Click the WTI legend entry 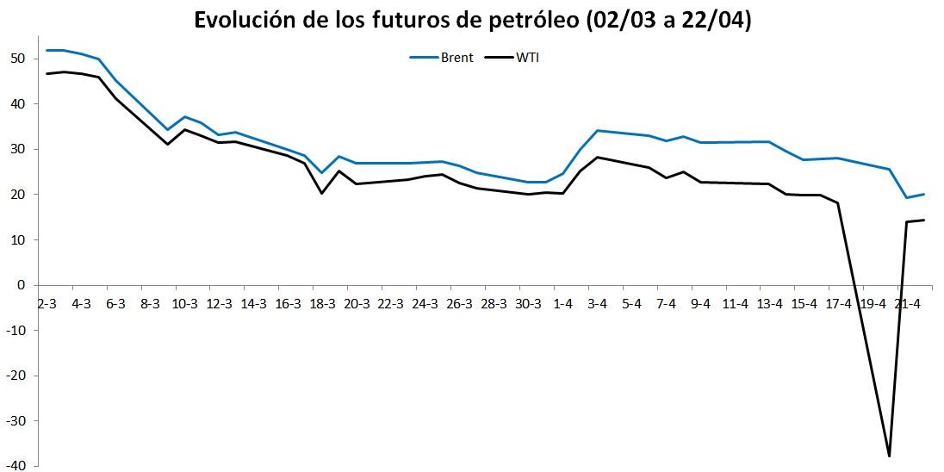[x=526, y=58]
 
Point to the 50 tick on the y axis [x=18, y=59]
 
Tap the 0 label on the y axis [x=22, y=285]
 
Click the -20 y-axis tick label [x=16, y=376]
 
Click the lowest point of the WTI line [x=889, y=456]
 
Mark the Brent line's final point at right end [x=923, y=194]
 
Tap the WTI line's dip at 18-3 [x=321, y=193]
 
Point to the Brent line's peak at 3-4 [x=597, y=130]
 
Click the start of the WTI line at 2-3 [x=47, y=73]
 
